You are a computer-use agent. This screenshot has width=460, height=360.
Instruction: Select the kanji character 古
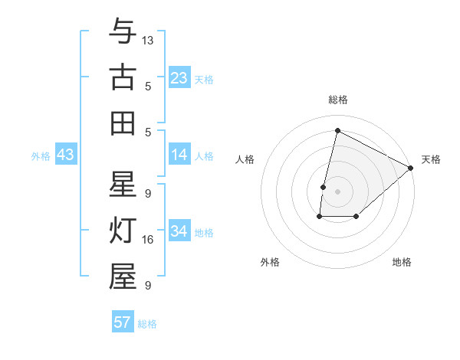(x=123, y=78)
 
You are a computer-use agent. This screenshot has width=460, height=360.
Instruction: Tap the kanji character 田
(x=123, y=123)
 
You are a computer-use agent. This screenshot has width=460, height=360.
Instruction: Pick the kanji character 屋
(x=123, y=277)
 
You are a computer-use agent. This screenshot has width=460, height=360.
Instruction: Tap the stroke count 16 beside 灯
(x=148, y=240)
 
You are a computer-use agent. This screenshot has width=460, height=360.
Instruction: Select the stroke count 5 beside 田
(x=147, y=131)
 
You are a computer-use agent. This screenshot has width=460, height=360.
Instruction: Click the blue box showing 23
(x=179, y=78)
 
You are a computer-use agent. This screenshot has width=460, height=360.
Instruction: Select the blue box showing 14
(x=179, y=155)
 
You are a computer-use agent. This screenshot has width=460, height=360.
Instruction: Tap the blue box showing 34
(x=179, y=232)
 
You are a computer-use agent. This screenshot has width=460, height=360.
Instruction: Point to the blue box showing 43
(x=66, y=155)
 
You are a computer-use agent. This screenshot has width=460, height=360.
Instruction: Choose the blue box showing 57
(x=123, y=322)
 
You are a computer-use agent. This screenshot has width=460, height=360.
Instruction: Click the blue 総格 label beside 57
(x=147, y=324)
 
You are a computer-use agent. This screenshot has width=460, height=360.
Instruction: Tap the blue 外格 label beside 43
(x=41, y=156)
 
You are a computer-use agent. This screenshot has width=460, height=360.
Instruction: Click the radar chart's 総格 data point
(x=337, y=130)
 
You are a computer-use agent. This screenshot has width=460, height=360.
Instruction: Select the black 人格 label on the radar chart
(x=245, y=159)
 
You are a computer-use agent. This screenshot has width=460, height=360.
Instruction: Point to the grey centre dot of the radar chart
(x=337, y=191)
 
